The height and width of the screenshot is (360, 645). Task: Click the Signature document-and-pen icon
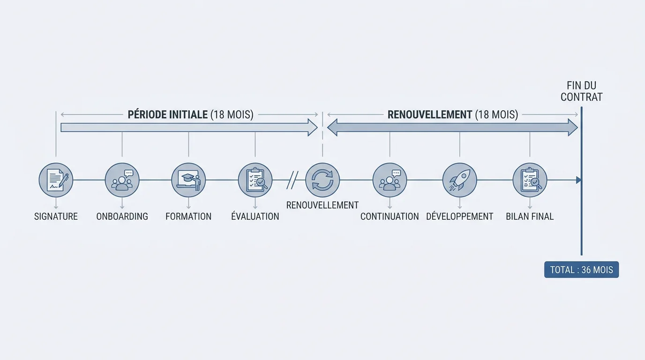pyautogui.click(x=56, y=180)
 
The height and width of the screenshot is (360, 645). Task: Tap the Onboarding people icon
pyautogui.click(x=122, y=180)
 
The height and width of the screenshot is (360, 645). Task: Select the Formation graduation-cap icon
pyautogui.click(x=188, y=180)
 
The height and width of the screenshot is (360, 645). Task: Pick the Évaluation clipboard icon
pyautogui.click(x=255, y=180)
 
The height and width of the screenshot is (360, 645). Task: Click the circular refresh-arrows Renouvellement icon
pyautogui.click(x=322, y=180)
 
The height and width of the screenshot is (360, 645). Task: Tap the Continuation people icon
pyautogui.click(x=390, y=180)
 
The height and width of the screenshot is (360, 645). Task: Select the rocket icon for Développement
pyautogui.click(x=459, y=180)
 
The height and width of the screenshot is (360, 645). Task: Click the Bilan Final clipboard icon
pyautogui.click(x=530, y=180)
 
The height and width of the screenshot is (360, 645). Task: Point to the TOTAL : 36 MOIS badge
pyautogui.click(x=581, y=270)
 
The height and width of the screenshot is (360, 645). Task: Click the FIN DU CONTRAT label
pyautogui.click(x=581, y=91)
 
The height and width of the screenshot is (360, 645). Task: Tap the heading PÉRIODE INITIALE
pyautogui.click(x=168, y=115)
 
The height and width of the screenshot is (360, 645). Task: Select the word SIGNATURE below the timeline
pyautogui.click(x=56, y=216)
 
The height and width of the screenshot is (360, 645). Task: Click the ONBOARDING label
pyautogui.click(x=122, y=216)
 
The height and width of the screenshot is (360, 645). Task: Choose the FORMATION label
pyautogui.click(x=188, y=216)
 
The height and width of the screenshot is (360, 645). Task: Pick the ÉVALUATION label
pyautogui.click(x=255, y=216)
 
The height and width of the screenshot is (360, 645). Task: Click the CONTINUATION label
pyautogui.click(x=390, y=216)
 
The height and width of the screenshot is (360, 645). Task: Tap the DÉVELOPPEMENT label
pyautogui.click(x=459, y=216)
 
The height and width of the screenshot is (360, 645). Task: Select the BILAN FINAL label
pyautogui.click(x=530, y=216)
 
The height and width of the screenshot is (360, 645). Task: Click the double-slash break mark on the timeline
pyautogui.click(x=292, y=180)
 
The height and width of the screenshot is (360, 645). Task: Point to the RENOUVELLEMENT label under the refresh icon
pyautogui.click(x=322, y=205)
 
